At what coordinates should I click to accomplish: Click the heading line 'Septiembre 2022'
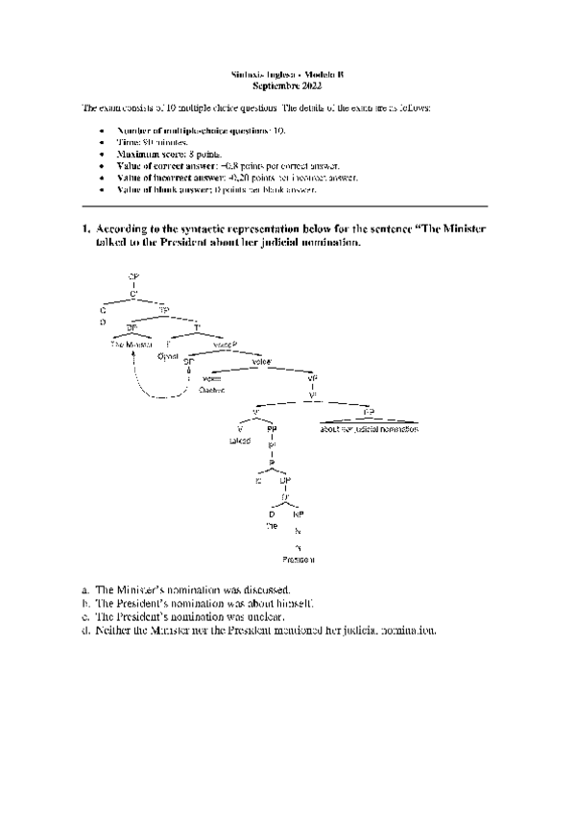288,85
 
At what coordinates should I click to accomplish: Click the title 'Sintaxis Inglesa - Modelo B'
288,74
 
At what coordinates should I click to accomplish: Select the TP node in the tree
164,310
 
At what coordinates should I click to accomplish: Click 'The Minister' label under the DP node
132,343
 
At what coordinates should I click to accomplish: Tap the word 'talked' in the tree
239,441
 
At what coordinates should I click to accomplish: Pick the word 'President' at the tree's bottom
299,559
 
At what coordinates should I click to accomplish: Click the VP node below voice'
313,377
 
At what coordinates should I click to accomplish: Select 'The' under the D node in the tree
271,527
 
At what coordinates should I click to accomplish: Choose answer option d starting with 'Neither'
259,631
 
